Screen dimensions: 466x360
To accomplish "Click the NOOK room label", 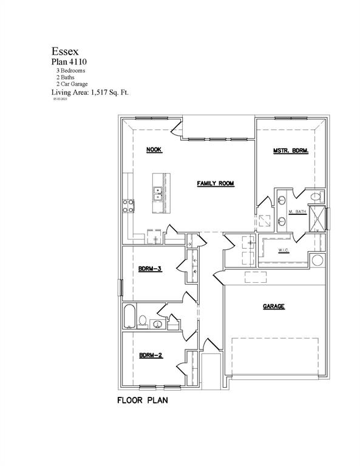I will tap(154, 150).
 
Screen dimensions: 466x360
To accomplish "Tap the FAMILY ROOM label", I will tap(215, 183).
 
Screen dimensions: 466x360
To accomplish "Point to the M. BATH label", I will tap(296, 212).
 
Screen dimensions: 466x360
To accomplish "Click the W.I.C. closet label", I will tap(283, 250).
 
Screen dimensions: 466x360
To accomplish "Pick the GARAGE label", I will tap(274, 307).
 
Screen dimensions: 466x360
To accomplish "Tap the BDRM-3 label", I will tap(149, 269).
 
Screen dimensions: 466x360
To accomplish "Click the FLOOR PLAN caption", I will tap(142, 401).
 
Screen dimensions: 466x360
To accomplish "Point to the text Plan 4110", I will tap(68, 62).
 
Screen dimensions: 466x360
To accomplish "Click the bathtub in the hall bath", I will tap(129, 316).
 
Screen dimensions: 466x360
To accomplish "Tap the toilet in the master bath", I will tap(315, 197).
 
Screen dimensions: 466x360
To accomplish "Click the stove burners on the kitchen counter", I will tap(129, 206).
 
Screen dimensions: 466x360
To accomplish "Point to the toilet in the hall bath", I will tap(142, 320).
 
